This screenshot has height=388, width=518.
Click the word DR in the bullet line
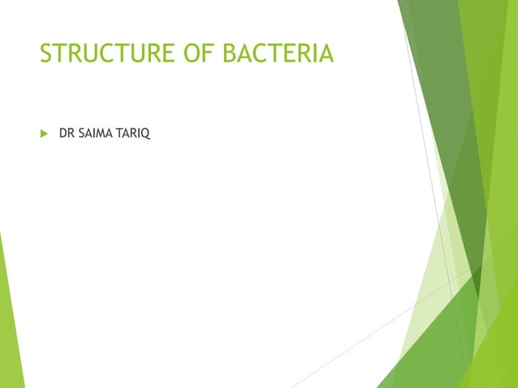pos(67,131)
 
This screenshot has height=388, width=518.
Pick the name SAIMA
pos(97,131)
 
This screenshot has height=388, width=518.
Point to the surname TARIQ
pos(135,131)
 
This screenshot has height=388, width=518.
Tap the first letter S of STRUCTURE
pos(47,54)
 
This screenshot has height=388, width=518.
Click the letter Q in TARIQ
pos(146,131)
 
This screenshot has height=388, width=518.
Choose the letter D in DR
pos(63,131)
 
